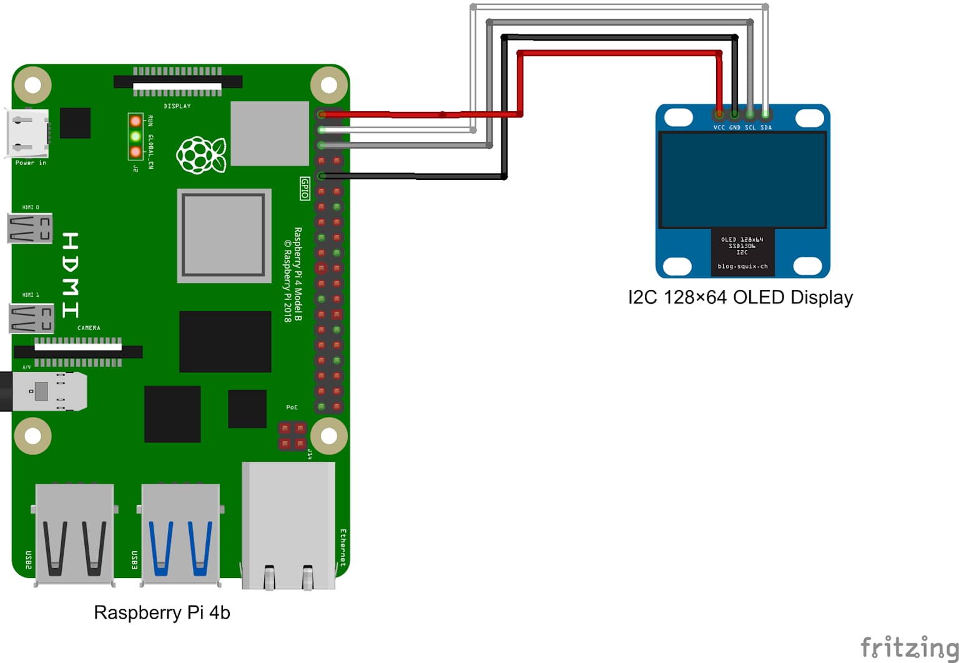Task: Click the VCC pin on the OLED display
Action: [719, 114]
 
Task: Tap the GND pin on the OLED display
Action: [734, 114]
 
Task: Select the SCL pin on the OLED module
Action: [750, 114]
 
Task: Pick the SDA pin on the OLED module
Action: [765, 114]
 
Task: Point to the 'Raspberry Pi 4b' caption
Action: [162, 612]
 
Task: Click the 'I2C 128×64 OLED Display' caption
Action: [740, 297]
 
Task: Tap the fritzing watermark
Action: [908, 647]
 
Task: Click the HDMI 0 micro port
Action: [29, 228]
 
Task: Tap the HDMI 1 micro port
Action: [31, 318]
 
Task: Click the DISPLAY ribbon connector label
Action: [177, 106]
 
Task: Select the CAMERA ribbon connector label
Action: [89, 328]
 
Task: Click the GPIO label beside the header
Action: [305, 188]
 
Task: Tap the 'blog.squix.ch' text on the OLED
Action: [742, 266]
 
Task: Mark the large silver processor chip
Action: [224, 235]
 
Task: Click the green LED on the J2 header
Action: [135, 136]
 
